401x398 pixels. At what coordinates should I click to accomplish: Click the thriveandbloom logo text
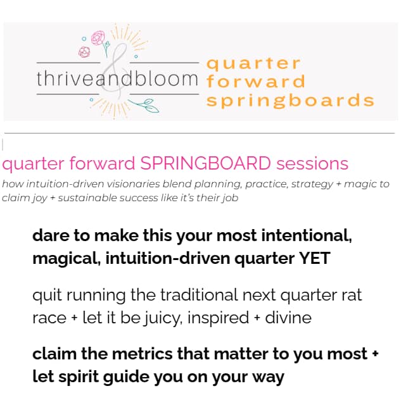pos(117,78)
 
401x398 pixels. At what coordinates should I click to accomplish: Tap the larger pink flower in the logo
pos(98,38)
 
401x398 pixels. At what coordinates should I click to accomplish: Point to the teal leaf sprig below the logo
pos(144,106)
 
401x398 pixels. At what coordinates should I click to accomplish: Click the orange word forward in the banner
pos(256,81)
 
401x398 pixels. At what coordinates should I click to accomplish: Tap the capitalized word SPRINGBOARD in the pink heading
pos(205,163)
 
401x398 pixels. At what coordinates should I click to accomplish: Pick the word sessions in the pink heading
pos(312,163)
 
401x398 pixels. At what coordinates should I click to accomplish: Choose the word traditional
pos(199,295)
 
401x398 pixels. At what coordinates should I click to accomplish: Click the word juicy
pos(163,318)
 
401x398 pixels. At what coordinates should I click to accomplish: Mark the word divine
pos(288,318)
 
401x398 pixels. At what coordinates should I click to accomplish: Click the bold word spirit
pos(79,377)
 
